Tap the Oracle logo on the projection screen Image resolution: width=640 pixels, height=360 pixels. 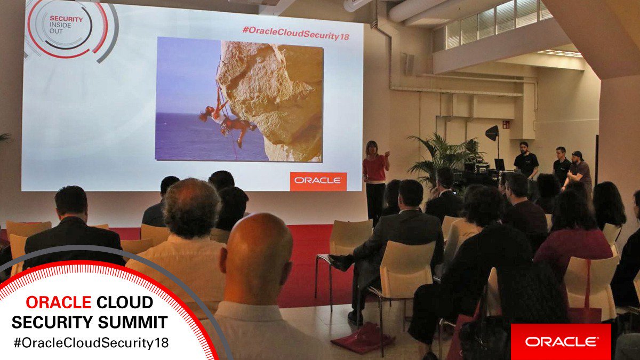click(x=318, y=181)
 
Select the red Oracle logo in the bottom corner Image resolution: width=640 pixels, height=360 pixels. click(x=561, y=341)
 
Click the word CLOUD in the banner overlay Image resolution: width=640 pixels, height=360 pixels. click(x=124, y=303)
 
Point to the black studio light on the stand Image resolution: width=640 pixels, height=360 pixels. click(x=492, y=133)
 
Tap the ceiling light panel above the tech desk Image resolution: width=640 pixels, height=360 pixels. click(x=559, y=53)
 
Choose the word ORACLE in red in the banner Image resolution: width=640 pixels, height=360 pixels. click(x=58, y=303)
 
